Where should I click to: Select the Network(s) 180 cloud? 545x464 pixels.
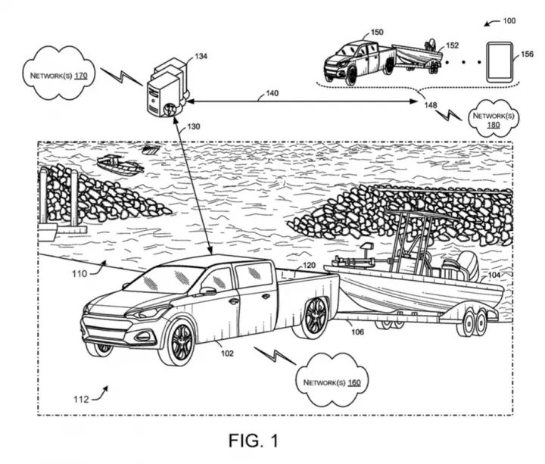[494, 118]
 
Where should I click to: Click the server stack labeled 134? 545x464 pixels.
[167, 88]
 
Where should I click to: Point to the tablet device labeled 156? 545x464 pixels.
[500, 62]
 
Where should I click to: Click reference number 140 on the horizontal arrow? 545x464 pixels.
[272, 93]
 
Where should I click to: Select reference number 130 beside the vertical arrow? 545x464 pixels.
[194, 126]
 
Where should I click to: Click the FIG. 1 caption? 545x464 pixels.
[254, 441]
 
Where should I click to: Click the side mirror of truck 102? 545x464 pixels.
[207, 291]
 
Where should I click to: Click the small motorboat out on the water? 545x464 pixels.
[120, 165]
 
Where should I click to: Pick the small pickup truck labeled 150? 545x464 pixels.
[359, 63]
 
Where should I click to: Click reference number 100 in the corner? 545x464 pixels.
[509, 21]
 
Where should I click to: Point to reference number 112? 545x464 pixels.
[81, 400]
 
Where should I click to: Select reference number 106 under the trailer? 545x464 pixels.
[357, 332]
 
